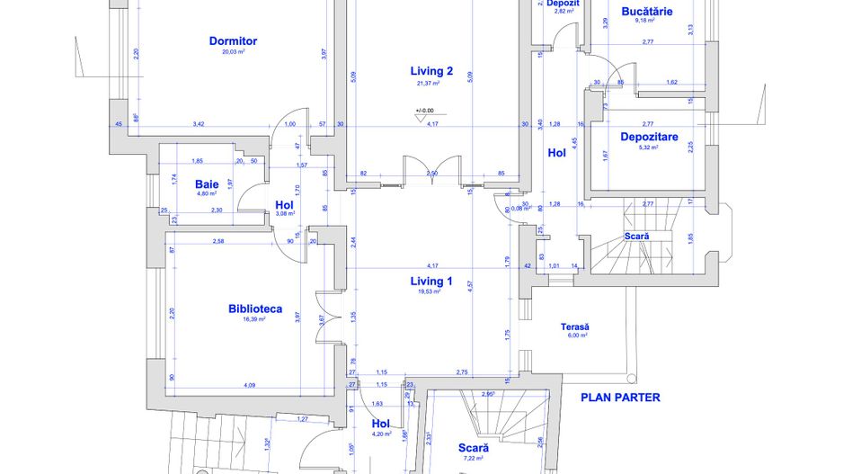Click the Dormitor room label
pyautogui.click(x=233, y=40)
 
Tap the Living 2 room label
pyautogui.click(x=431, y=71)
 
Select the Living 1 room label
pyautogui.click(x=431, y=281)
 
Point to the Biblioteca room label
pyautogui.click(x=255, y=309)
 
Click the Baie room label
pyautogui.click(x=207, y=183)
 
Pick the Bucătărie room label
pyautogui.click(x=647, y=11)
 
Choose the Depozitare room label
pyautogui.click(x=649, y=138)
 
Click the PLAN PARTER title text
pyautogui.click(x=620, y=397)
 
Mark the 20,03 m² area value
pyautogui.click(x=234, y=52)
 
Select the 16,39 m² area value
pyautogui.click(x=255, y=319)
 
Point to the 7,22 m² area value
pyautogui.click(x=473, y=458)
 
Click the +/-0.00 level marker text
pyautogui.click(x=423, y=112)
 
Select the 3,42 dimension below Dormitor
pyautogui.click(x=199, y=123)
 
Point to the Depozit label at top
pyautogui.click(x=563, y=4)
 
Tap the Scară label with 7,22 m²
pyautogui.click(x=473, y=447)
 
